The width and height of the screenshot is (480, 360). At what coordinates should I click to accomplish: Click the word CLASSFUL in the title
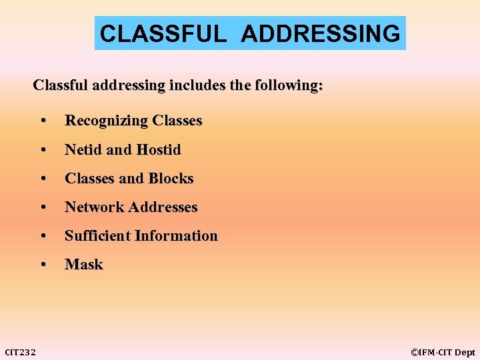click(163, 33)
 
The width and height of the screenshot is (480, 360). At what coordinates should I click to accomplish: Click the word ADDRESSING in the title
click(321, 33)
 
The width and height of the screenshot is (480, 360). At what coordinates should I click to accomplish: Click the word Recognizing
click(106, 121)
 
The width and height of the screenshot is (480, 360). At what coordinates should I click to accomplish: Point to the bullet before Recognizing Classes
click(43, 121)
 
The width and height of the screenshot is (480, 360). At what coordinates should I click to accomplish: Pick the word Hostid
click(158, 149)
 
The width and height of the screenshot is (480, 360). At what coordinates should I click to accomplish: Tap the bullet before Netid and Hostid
click(43, 150)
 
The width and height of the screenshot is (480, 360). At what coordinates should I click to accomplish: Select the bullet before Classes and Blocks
click(43, 179)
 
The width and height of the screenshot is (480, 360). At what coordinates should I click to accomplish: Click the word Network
click(95, 207)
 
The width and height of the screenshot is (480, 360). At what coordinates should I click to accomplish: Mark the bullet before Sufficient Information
click(43, 236)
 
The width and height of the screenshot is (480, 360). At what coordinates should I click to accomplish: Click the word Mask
click(84, 264)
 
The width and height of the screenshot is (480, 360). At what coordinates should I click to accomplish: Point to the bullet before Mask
click(43, 265)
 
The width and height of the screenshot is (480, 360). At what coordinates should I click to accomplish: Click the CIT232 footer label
click(21, 351)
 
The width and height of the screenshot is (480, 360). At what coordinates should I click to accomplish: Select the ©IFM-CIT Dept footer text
click(443, 352)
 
